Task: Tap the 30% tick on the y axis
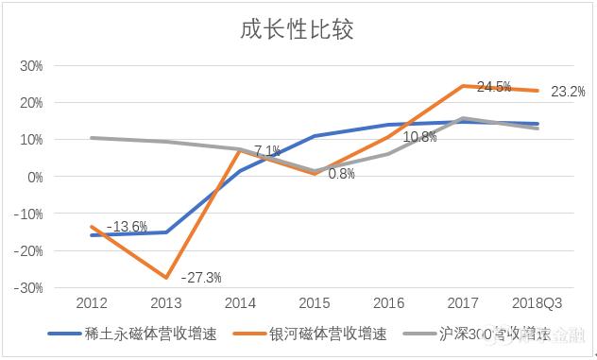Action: [x=32, y=66]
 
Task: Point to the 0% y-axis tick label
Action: [x=35, y=177]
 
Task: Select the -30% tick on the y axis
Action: [x=30, y=288]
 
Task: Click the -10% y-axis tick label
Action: [x=30, y=214]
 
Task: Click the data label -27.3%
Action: [x=200, y=278]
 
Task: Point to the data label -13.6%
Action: [x=127, y=227]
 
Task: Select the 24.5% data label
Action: [x=494, y=86]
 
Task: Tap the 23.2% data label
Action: [x=568, y=92]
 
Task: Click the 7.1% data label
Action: [x=266, y=150]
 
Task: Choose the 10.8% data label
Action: [x=419, y=137]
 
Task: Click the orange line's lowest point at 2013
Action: [x=165, y=278]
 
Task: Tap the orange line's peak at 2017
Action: [x=463, y=86]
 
